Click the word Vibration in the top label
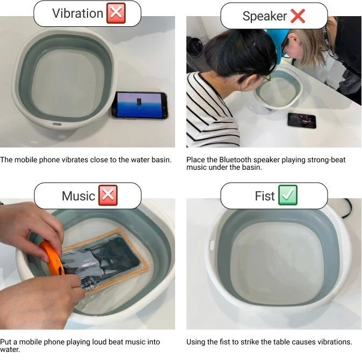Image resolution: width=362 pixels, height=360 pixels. pyautogui.click(x=77, y=13)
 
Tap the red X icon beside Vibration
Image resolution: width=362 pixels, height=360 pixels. pyautogui.click(x=116, y=13)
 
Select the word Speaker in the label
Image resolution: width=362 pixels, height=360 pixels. pyautogui.click(x=265, y=16)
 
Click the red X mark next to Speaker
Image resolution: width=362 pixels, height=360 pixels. pyautogui.click(x=298, y=16)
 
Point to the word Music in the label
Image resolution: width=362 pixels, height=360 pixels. pyautogui.click(x=78, y=196)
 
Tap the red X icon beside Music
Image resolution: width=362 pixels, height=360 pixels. pyautogui.click(x=108, y=195)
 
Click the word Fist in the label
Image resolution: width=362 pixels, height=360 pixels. pyautogui.click(x=265, y=196)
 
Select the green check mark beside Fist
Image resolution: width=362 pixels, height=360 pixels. pyautogui.click(x=288, y=195)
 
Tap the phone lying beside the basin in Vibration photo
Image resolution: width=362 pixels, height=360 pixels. pyautogui.click(x=140, y=105)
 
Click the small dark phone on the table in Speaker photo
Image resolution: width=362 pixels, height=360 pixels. pyautogui.click(x=302, y=120)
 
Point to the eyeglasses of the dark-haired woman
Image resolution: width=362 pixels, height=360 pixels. pyautogui.click(x=266, y=79)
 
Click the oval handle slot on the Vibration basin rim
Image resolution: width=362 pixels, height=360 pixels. pyautogui.click(x=57, y=124)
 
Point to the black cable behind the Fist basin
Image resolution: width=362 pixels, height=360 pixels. pyautogui.click(x=346, y=208)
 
